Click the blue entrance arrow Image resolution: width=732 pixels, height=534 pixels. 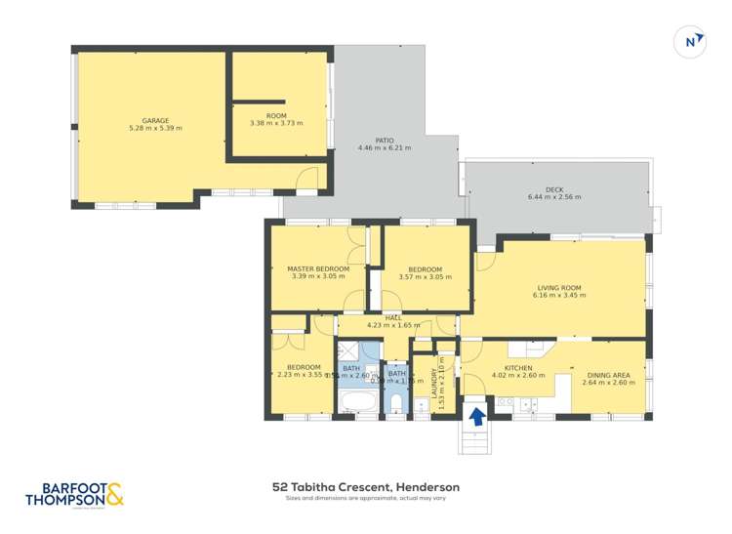coord(477,416)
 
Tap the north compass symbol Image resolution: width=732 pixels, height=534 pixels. coord(691,42)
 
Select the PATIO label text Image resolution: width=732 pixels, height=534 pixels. coord(385,140)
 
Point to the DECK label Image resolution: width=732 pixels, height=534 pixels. coord(554,188)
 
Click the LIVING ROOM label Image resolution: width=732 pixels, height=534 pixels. coord(559,288)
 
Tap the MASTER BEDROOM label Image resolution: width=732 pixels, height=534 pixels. coord(317,268)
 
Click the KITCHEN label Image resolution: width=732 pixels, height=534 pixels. coord(518,367)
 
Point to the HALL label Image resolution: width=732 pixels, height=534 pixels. coord(393,317)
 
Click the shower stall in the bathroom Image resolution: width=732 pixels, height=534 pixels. coord(346,351)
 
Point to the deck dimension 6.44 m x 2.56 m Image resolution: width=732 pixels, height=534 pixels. coord(554,197)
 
